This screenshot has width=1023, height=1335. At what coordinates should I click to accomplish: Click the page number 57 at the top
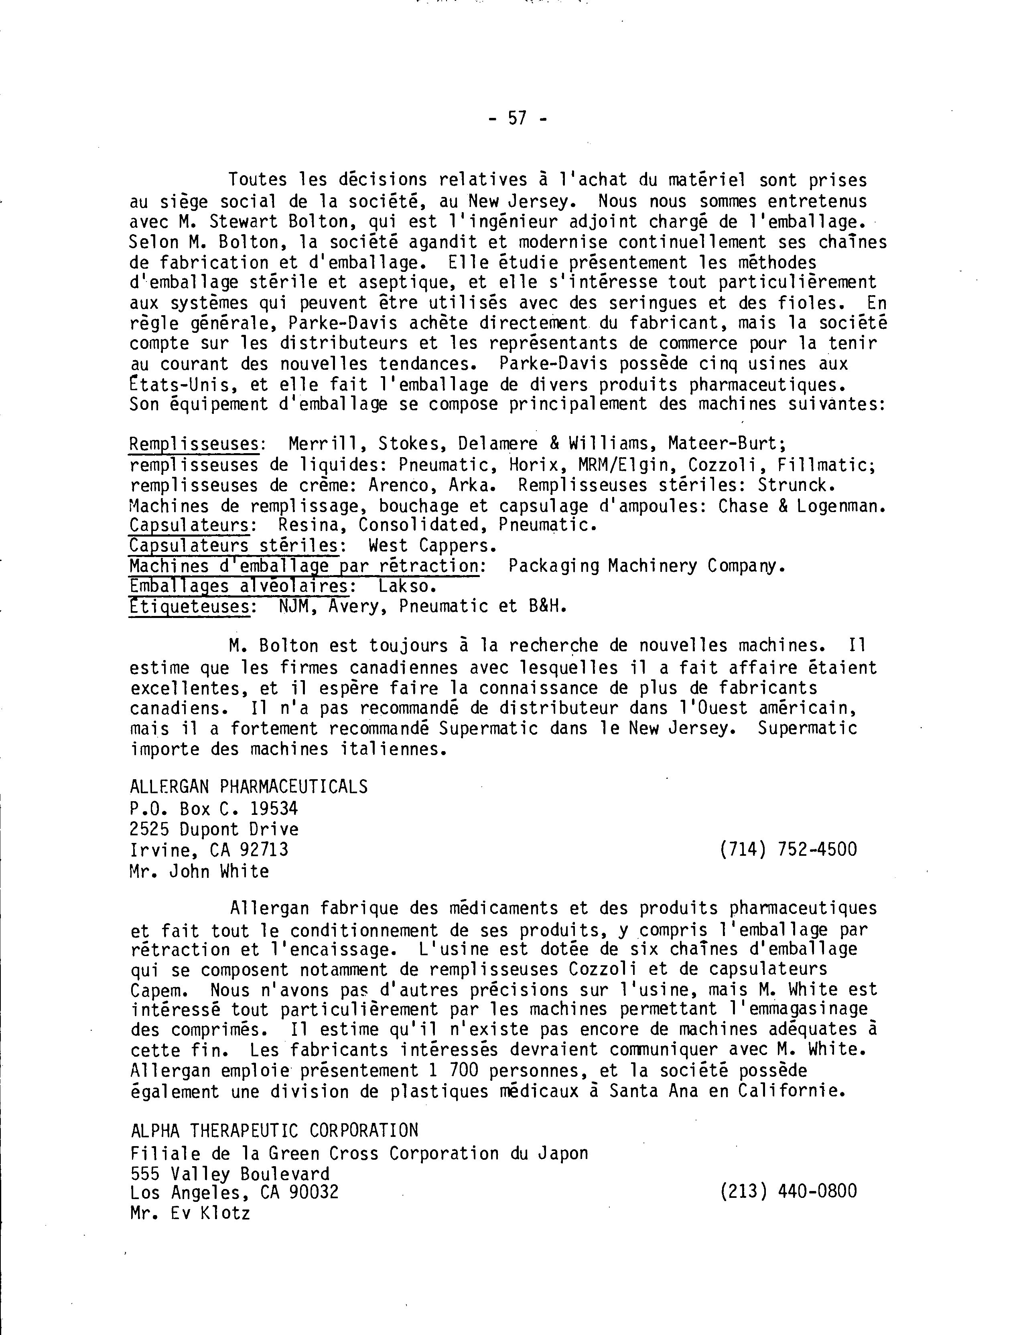point(517,118)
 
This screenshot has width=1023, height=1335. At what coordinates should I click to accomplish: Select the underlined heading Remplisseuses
point(194,444)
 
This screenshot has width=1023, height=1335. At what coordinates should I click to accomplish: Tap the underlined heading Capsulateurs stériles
point(234,545)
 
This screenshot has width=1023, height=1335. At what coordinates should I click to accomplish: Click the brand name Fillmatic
point(825,465)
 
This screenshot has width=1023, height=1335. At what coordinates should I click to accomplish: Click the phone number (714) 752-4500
point(788,849)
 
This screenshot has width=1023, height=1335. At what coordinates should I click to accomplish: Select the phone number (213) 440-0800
point(788,1191)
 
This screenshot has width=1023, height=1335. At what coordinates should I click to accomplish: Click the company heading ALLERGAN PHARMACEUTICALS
point(248,787)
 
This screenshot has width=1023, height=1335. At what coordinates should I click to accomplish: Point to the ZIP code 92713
point(264,849)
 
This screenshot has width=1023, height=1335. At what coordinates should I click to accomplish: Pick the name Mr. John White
point(199,871)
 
